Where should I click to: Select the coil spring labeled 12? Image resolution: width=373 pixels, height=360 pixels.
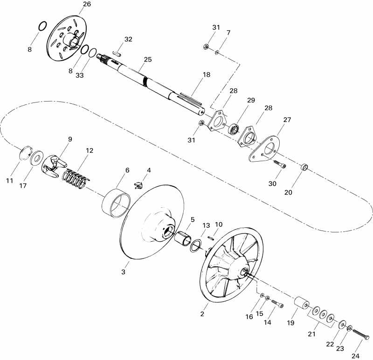point(75,178)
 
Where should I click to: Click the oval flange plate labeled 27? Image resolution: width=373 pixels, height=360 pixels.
point(264,149)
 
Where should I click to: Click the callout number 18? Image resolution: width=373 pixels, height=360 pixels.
point(207,75)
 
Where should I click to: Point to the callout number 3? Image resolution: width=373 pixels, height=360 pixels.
point(124,272)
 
